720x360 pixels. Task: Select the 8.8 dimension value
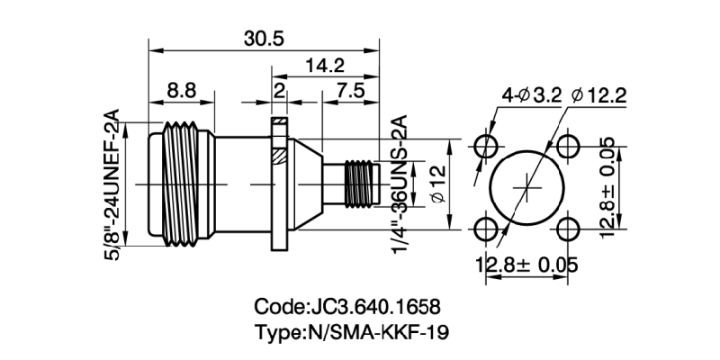181,90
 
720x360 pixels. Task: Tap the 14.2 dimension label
325,65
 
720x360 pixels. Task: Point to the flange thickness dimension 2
279,90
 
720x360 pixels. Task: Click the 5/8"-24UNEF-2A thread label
112,185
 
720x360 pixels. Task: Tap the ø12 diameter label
438,184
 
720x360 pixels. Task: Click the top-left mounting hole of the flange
489,147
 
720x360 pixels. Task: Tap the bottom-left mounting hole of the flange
489,228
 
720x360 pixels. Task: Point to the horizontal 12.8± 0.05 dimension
527,265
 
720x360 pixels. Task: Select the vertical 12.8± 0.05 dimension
609,187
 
